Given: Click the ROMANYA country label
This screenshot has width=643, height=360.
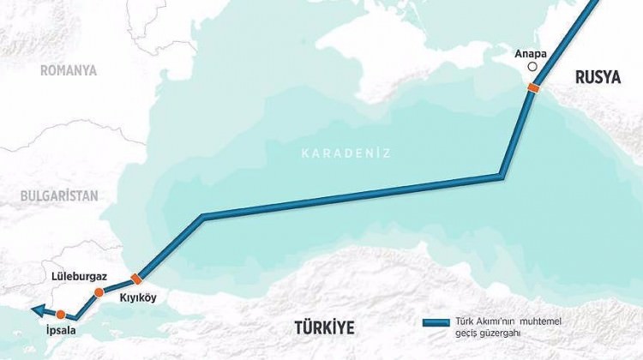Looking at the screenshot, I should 69,70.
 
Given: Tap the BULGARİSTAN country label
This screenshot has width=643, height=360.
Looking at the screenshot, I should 59,195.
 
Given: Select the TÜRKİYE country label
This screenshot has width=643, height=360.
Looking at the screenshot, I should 323,327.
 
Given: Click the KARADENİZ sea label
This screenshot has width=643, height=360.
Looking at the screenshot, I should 346,153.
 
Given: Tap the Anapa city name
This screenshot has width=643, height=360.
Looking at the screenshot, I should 531,52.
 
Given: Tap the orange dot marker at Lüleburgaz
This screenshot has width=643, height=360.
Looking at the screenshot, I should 99,293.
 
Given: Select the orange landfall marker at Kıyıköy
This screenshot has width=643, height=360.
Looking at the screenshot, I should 135,279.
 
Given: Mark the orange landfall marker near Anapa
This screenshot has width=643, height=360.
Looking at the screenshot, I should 534,87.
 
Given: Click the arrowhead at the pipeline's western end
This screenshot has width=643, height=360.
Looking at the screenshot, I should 29,312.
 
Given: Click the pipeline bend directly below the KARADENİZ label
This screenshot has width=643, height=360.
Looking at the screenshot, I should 203,216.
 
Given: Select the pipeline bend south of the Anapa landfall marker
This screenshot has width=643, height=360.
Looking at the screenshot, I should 501,177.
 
